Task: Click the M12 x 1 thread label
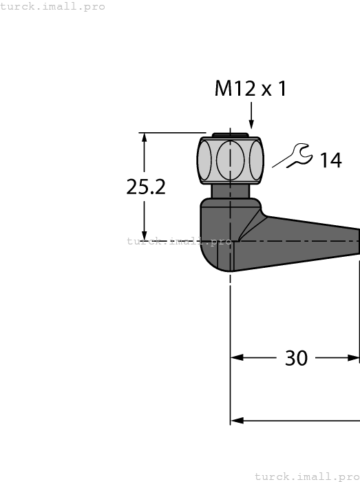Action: pos(250,89)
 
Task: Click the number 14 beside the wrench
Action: pos(330,160)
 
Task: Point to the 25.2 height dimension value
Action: pos(146,187)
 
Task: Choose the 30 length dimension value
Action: pos(296,358)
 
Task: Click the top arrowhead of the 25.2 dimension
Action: pos(144,138)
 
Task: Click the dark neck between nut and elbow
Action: pos(230,191)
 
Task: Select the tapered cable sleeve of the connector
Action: pos(310,242)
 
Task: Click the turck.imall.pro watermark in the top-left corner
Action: pos(53,6)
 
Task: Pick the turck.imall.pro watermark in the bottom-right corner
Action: pos(307,476)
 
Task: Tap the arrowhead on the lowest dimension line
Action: pos(237,420)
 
